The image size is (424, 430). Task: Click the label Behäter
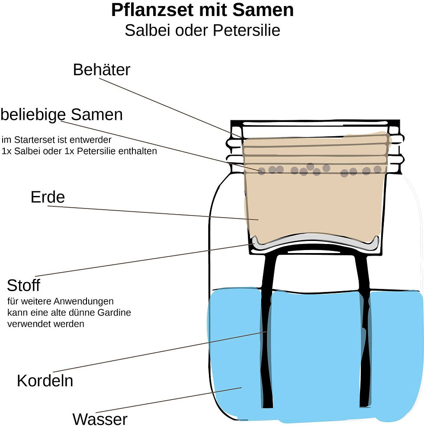point(101,70)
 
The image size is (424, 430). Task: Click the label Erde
point(48,197)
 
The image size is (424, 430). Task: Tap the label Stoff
point(23,286)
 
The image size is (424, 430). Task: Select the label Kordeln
point(45,381)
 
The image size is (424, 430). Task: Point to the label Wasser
point(100,419)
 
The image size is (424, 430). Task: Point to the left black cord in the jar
point(266,329)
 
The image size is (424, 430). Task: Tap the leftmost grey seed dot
point(261,172)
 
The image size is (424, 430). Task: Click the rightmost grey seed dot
point(378,169)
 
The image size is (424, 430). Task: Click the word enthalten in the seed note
point(139,151)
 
